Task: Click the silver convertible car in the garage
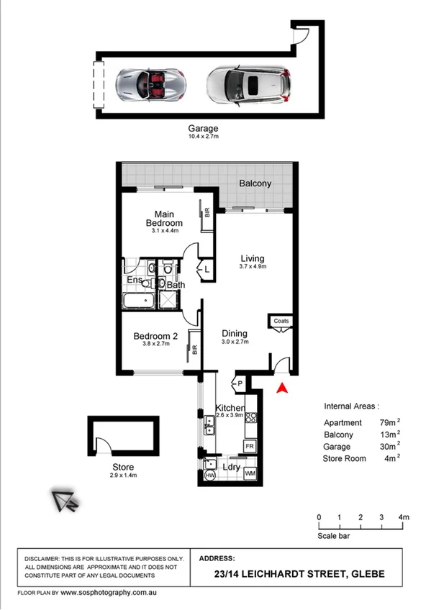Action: pos(151,83)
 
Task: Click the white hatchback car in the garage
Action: pos(250,85)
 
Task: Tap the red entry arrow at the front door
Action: pos(282,388)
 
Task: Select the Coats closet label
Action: pos(281,322)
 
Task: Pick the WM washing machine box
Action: pos(250,474)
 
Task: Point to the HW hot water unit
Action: pos(210,475)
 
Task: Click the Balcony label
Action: pos(255,183)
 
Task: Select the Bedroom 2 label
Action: pos(155,336)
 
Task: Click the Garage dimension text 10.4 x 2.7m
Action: pos(203,137)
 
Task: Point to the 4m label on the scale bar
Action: pos(404,517)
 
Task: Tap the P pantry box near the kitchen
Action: pos(237,383)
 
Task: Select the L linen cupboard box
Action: pos(207,269)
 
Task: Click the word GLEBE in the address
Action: pos(367,574)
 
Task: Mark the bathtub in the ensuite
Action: pos(138,301)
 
